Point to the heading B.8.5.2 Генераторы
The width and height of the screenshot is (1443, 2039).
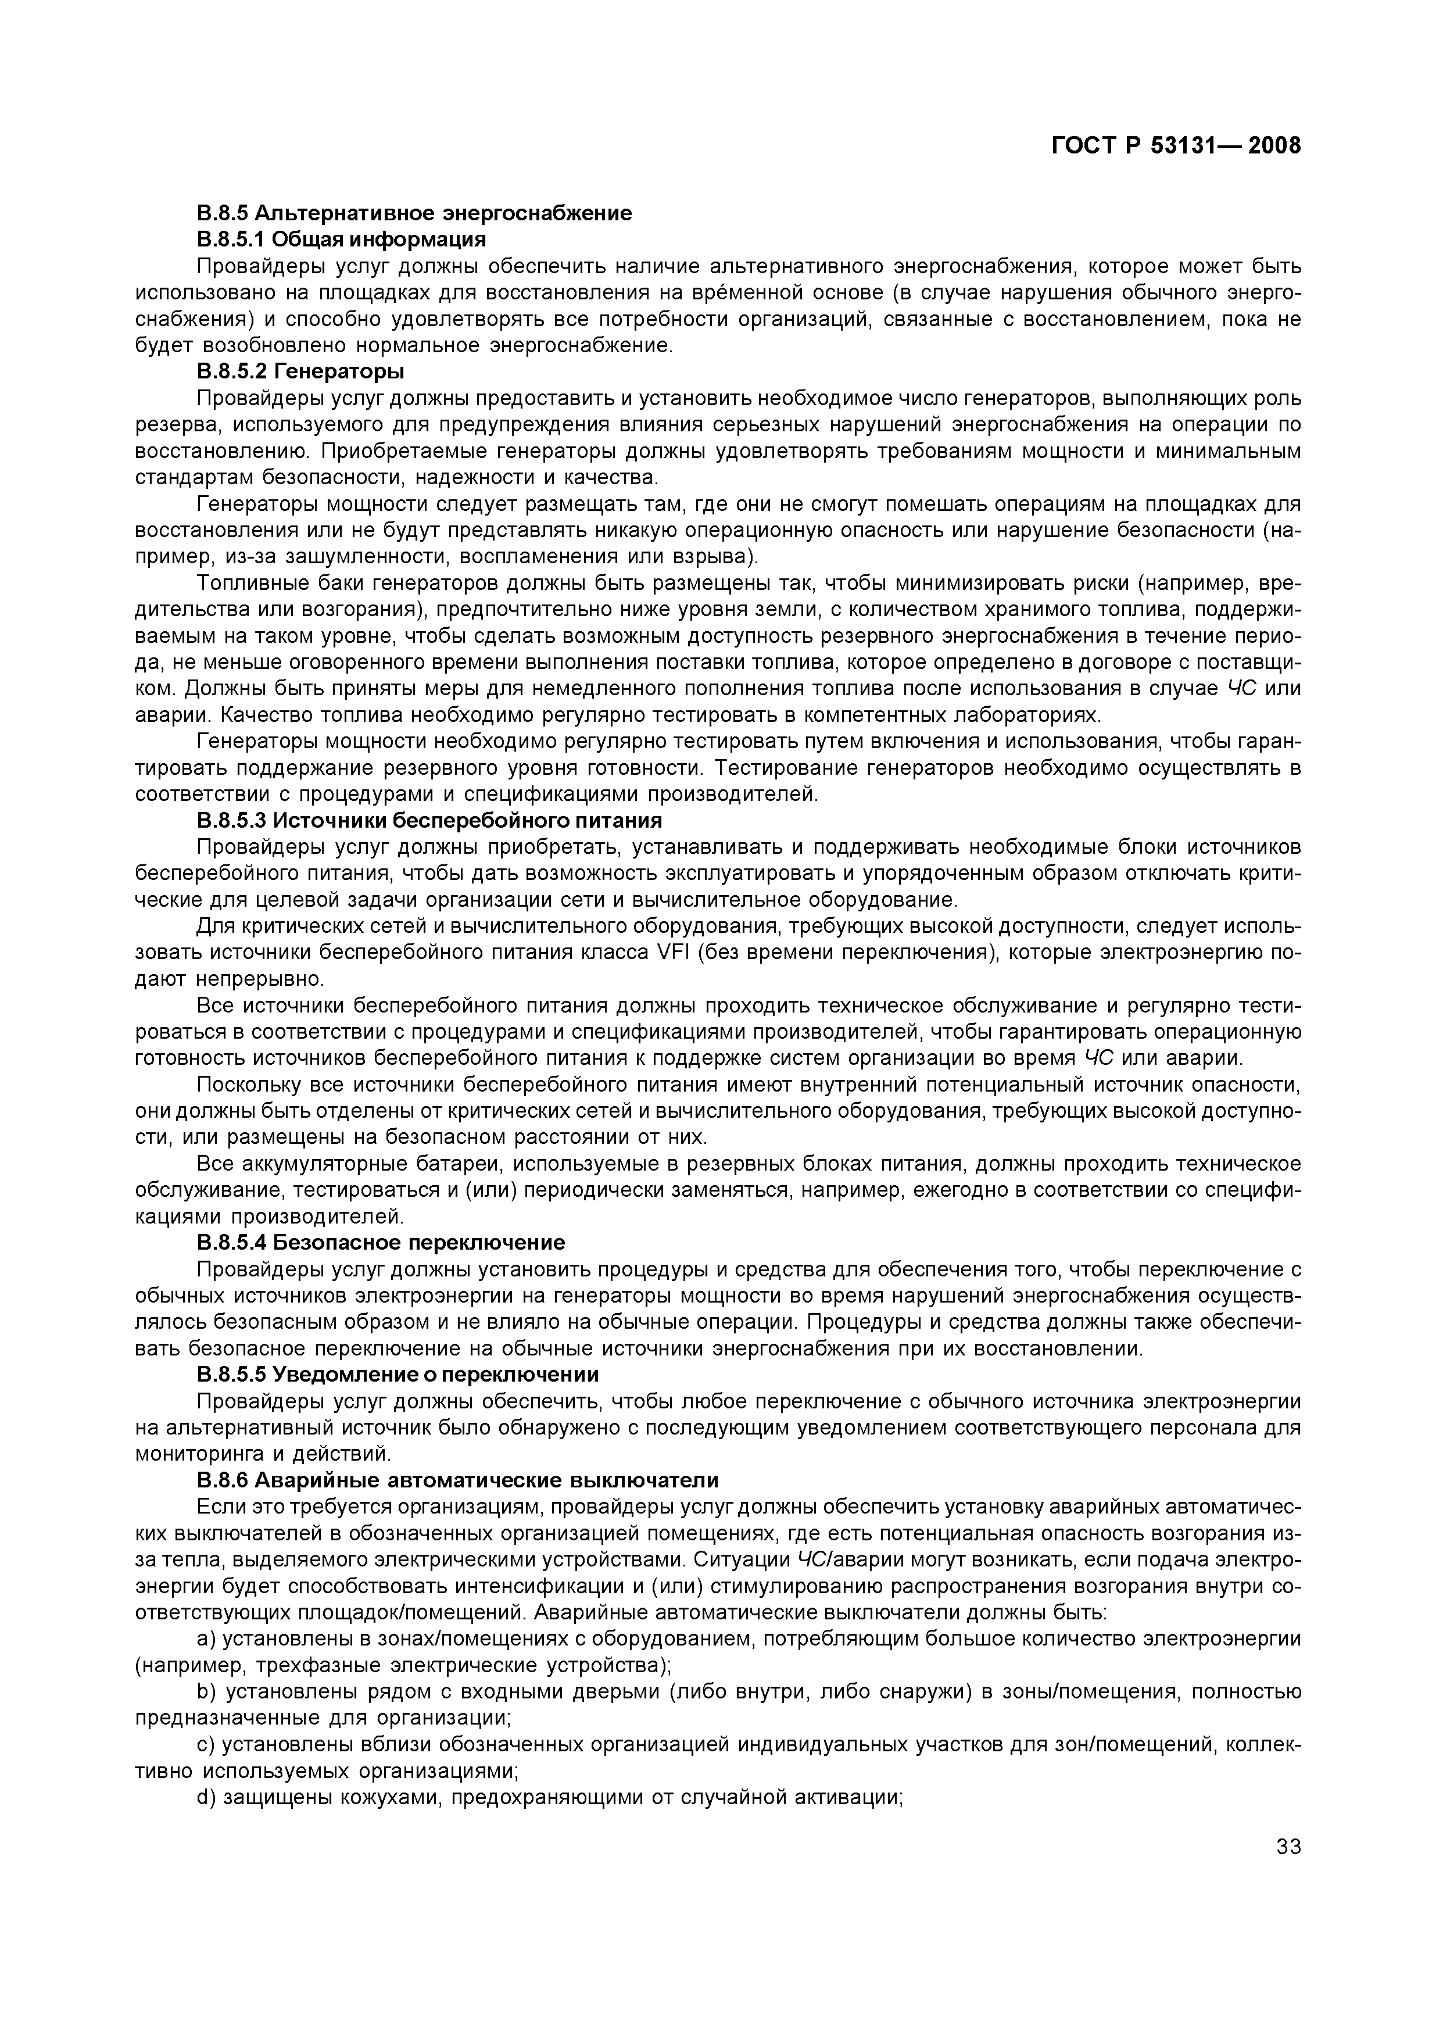click(x=300, y=370)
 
